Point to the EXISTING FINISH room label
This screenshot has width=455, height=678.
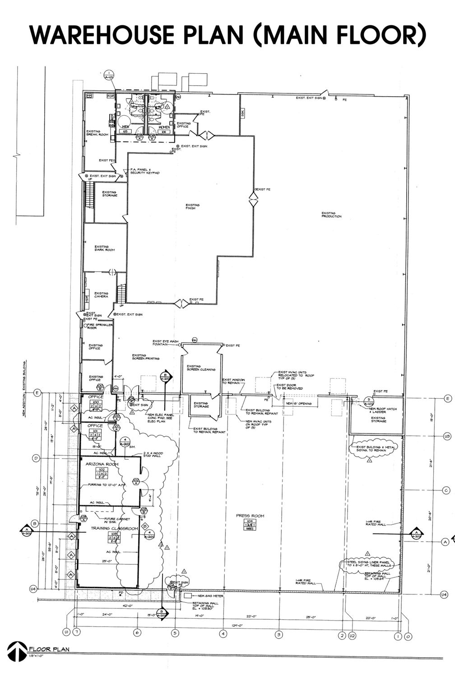192,207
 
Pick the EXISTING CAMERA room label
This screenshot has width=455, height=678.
101,295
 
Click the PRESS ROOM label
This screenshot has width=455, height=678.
250,516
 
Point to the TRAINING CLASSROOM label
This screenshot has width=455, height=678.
114,528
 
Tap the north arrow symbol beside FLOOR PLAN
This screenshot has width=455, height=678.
17,651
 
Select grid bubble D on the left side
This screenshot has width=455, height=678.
36,458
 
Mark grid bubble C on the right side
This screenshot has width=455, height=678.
446,490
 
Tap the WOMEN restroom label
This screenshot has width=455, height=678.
164,127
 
